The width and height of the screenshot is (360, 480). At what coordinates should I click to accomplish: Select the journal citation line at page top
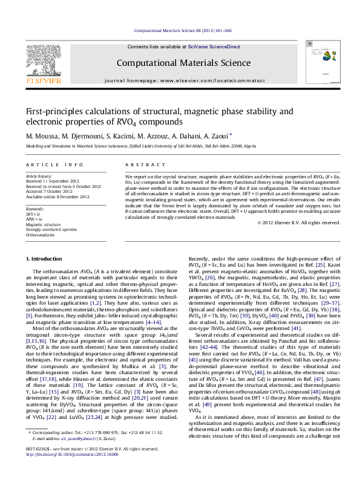coord(182,30)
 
